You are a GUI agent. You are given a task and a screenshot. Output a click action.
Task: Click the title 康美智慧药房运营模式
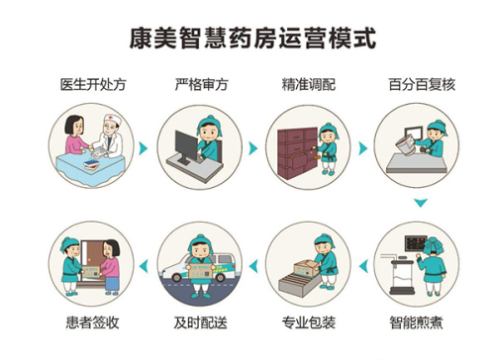coord(252,39)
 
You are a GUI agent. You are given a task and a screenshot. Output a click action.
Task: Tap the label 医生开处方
coord(93,84)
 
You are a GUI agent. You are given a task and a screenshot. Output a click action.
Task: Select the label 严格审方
coord(201,84)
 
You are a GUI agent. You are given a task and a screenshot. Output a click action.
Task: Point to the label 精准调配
coord(309,84)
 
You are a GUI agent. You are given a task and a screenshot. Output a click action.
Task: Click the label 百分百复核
coord(422,84)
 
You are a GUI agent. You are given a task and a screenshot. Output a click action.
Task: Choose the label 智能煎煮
coord(416,322)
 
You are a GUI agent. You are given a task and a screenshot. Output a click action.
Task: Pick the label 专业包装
coord(309,322)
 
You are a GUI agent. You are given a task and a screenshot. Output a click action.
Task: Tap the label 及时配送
coord(201,322)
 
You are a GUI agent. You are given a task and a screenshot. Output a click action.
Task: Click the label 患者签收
coord(93,322)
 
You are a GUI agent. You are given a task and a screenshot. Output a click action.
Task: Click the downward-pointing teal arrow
coord(421,203)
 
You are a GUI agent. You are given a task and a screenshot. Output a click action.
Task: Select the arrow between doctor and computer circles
coord(144,148)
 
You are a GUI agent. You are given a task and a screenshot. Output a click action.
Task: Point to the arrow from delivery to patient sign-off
coord(144,266)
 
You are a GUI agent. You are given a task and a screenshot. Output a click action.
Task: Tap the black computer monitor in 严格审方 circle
coord(186,145)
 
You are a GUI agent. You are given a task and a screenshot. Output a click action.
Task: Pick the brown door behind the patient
coord(94,260)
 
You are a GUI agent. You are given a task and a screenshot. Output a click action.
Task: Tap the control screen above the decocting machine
coord(416,243)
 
